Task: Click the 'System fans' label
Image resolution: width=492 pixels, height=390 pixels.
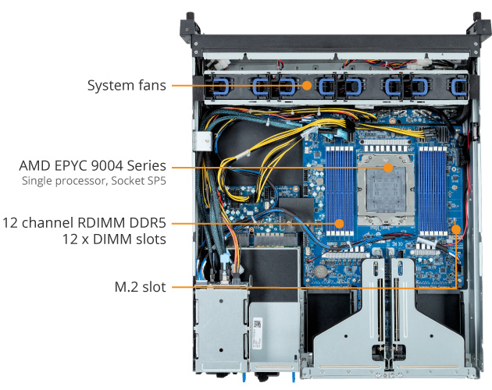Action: pos(127,85)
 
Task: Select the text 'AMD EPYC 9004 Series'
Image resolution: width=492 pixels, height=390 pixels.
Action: pos(93,165)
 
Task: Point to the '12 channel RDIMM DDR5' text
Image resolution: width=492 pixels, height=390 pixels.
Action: pos(84,223)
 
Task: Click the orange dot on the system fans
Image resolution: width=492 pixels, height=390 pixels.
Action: pos(308,85)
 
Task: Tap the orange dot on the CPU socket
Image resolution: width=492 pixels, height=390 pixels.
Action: pos(388,166)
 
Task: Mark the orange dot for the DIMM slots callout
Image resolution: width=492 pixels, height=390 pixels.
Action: pos(340,223)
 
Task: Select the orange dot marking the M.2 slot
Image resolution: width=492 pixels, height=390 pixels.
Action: pos(457,229)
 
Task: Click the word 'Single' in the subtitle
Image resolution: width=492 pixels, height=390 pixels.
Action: pos(40,183)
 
